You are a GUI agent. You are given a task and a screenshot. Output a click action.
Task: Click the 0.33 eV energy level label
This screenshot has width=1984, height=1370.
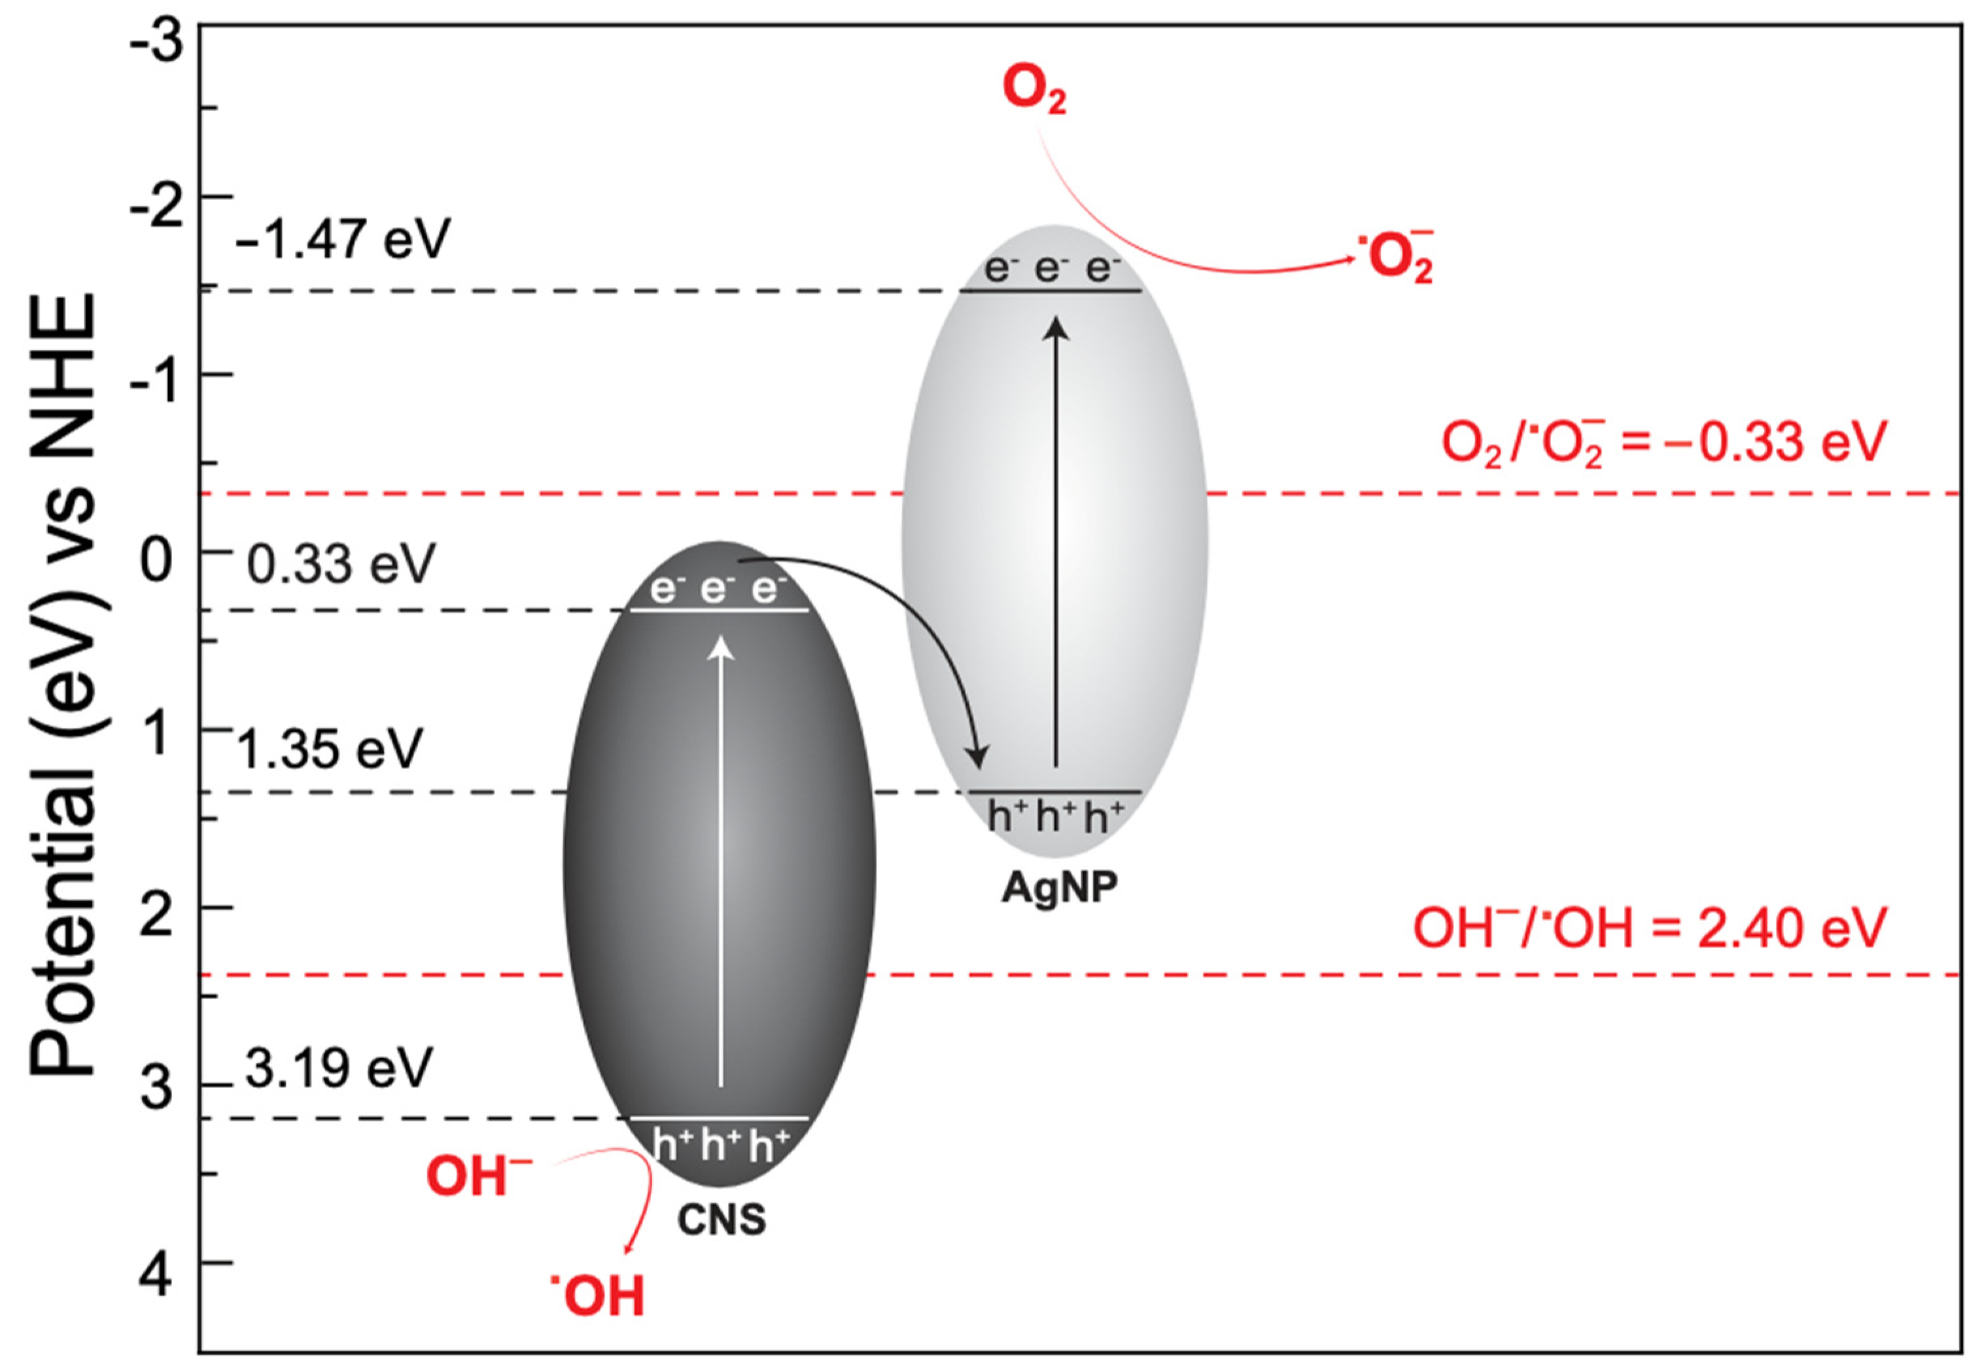point(341,565)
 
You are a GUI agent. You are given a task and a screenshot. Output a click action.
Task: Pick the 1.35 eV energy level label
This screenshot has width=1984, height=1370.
point(330,749)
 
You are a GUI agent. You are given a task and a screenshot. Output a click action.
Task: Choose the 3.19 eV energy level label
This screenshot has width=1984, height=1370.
point(338,1069)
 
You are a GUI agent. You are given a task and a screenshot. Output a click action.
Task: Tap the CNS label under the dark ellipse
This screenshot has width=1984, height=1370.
point(721,1220)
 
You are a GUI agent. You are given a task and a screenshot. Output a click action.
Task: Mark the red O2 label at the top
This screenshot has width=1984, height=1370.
point(1034,91)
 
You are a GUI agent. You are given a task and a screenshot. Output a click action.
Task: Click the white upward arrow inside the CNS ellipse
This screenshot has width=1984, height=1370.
point(721,859)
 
